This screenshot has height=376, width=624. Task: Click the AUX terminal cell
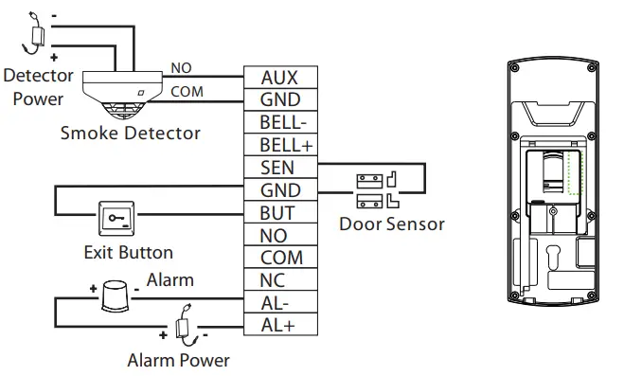coord(280,78)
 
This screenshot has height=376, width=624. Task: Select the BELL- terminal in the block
coord(280,122)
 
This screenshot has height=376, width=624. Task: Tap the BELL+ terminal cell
coord(280,145)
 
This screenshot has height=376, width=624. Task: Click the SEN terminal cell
coord(280,168)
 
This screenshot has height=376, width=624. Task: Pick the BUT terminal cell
coord(280,213)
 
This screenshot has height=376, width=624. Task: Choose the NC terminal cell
coord(280,280)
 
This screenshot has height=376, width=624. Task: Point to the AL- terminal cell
coord(280,303)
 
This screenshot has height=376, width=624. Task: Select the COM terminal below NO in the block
coord(280,258)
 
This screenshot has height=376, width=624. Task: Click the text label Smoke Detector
coord(130,133)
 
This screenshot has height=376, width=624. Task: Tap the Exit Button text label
coord(128,252)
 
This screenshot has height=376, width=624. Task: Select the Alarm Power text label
coord(178,360)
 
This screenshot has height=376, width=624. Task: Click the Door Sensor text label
coord(391,224)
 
